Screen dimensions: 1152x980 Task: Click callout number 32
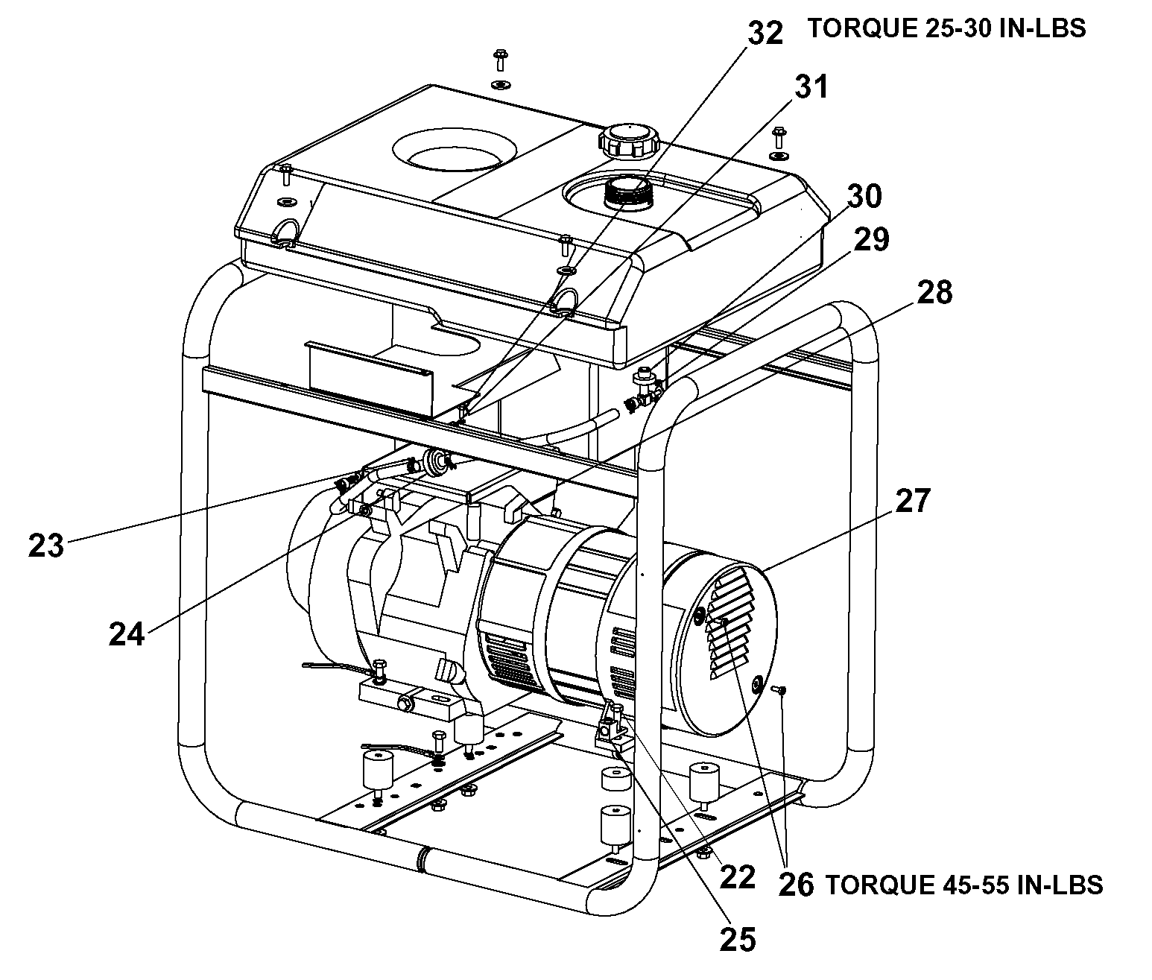tap(765, 33)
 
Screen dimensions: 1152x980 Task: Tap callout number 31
tap(811, 87)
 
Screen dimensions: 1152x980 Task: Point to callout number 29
tap(871, 240)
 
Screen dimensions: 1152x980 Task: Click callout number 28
tap(934, 292)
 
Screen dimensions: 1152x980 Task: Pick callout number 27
tap(913, 500)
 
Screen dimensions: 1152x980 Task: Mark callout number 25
tap(738, 939)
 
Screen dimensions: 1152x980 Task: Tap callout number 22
tap(738, 877)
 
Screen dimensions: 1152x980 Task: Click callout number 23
tap(46, 546)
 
